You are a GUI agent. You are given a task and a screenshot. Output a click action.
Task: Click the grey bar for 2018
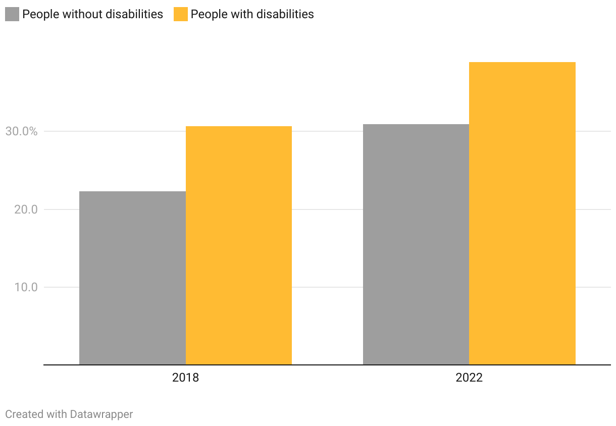pos(132,278)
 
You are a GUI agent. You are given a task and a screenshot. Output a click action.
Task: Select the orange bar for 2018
pos(239,245)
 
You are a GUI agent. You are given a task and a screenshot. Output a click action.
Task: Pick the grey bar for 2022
pos(416,244)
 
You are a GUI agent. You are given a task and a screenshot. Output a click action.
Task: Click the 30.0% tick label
pos(22,131)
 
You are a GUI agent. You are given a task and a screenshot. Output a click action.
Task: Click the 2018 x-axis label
pos(185,378)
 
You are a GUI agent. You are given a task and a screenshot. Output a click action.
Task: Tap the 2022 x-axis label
pos(469,378)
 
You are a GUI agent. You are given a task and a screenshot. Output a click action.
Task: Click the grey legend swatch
pos(12,14)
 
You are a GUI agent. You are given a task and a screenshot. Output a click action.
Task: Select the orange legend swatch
pos(181,14)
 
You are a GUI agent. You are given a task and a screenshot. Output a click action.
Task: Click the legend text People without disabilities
pos(93,14)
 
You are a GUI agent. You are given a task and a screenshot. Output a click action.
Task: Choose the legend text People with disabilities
pos(252,14)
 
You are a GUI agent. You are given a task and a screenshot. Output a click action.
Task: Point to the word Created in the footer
pos(24,414)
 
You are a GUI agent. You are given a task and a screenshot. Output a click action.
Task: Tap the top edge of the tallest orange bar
pos(523,63)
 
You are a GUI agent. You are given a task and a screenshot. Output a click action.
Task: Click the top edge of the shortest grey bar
pos(132,192)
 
